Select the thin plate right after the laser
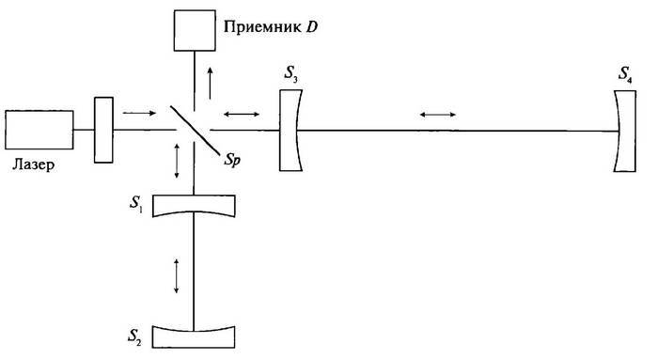(x=103, y=128)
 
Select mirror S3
(x=291, y=129)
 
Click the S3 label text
(x=289, y=72)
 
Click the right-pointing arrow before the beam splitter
(x=136, y=113)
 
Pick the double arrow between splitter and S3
(x=244, y=114)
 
